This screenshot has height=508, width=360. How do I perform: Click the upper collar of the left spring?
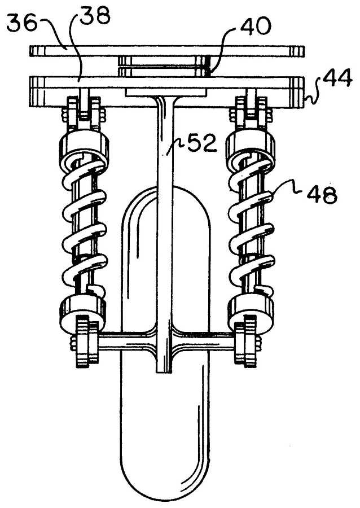tap(83, 146)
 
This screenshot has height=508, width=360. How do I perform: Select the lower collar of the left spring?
tap(82, 309)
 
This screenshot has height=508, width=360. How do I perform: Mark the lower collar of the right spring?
tap(251, 309)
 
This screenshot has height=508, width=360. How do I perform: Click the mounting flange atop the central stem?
tap(165, 92)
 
